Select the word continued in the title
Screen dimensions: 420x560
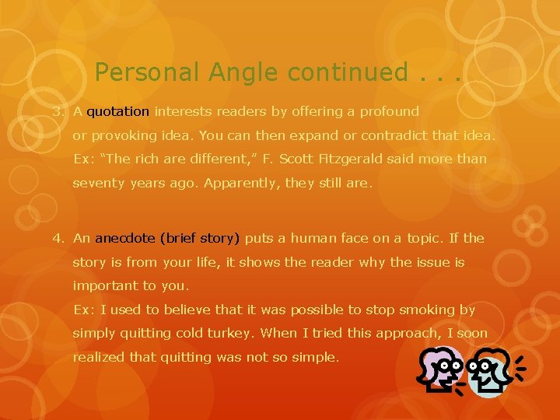click(x=346, y=72)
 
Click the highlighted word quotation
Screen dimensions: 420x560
click(x=118, y=111)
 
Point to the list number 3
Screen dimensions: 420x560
click(x=57, y=111)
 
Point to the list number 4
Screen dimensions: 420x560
click(x=57, y=238)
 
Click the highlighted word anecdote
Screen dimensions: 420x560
click(x=124, y=238)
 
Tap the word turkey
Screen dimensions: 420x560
click(x=231, y=333)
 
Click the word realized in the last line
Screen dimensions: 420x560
click(x=99, y=357)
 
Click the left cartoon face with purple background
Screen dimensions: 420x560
click(x=442, y=370)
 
